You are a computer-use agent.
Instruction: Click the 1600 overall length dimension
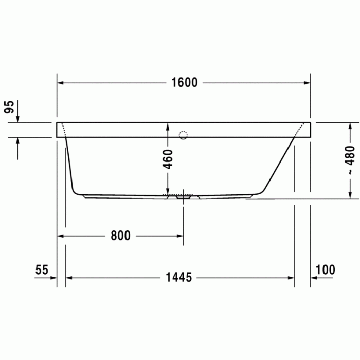(184, 83)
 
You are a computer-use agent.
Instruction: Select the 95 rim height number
(9, 107)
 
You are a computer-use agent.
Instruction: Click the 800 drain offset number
(120, 236)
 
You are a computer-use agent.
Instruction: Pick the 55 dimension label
(42, 269)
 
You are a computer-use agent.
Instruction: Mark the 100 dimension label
(325, 269)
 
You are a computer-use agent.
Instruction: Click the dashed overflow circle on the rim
(183, 136)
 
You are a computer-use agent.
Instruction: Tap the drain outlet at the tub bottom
(183, 196)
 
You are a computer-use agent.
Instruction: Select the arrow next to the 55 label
(52, 278)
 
